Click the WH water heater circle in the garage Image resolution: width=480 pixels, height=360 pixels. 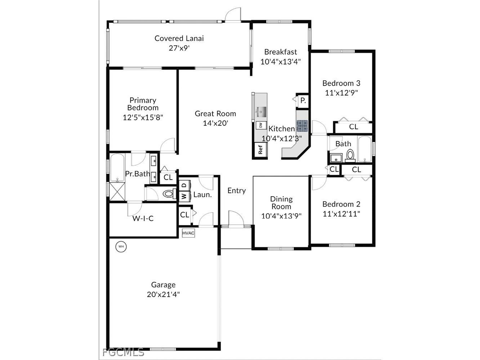[121, 247]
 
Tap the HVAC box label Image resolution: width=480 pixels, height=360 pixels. [188, 233]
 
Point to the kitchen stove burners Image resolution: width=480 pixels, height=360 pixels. [302, 125]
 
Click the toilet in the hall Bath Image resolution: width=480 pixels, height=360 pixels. [350, 156]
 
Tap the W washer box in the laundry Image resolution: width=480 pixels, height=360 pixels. [184, 196]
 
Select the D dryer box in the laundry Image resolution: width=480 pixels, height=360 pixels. [184, 185]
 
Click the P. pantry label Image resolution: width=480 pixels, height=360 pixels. [303, 101]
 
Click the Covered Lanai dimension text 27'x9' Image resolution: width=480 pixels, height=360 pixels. [179, 48]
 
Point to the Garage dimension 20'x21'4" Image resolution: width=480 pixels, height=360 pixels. [163, 294]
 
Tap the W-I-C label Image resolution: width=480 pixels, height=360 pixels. [143, 219]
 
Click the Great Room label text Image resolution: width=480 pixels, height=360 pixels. [215, 114]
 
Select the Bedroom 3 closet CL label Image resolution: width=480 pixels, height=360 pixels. [354, 127]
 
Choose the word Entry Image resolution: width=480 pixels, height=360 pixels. [237, 191]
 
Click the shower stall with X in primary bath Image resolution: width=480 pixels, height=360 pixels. [117, 191]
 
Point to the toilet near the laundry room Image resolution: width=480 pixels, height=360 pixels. [168, 194]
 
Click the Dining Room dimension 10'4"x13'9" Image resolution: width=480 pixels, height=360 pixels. [281, 216]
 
